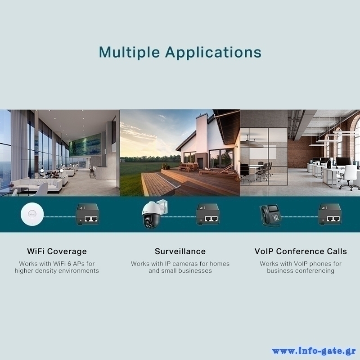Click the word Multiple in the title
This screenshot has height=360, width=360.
click(129, 52)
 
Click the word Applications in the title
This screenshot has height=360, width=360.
click(213, 52)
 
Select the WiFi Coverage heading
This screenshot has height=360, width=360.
click(57, 252)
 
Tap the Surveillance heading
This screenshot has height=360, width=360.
click(180, 251)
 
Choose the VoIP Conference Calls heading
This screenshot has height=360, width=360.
click(301, 251)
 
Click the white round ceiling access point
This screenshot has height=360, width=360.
click(32, 215)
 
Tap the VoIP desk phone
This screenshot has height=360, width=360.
click(270, 216)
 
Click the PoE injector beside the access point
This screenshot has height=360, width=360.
click(87, 214)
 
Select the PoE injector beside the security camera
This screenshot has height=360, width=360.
click(207, 214)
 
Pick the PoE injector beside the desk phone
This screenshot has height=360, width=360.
click(330, 214)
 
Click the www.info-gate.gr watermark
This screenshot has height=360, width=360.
click(314, 351)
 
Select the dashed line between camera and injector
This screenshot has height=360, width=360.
click(179, 217)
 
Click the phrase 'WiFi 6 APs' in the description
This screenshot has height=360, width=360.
click(69, 264)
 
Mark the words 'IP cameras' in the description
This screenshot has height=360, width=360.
click(182, 264)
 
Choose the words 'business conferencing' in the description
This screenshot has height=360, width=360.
click(301, 271)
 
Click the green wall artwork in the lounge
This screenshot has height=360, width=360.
click(85, 144)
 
